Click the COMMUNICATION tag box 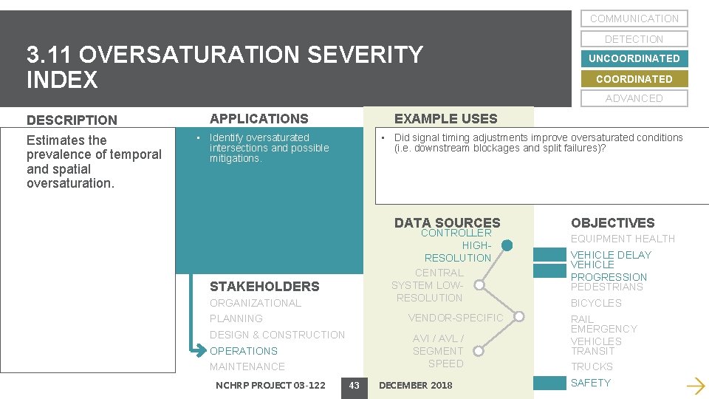tap(634, 18)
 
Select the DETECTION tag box tap(634, 39)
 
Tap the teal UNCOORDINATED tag tap(634, 58)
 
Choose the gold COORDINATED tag tap(634, 79)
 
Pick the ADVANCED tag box tap(634, 98)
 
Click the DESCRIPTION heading tap(72, 120)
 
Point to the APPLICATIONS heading tap(258, 118)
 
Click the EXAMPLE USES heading tap(445, 118)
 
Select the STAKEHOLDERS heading tap(264, 287)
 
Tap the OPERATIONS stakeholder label tap(243, 351)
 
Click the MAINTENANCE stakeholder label tap(247, 366)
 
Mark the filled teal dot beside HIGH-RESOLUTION tap(507, 246)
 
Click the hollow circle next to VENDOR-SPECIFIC tap(518, 318)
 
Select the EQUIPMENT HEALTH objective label tap(622, 239)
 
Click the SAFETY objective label tap(590, 383)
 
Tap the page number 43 tap(354, 385)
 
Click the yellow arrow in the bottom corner tap(695, 385)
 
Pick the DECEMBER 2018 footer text tap(415, 385)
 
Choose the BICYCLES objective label tap(595, 303)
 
